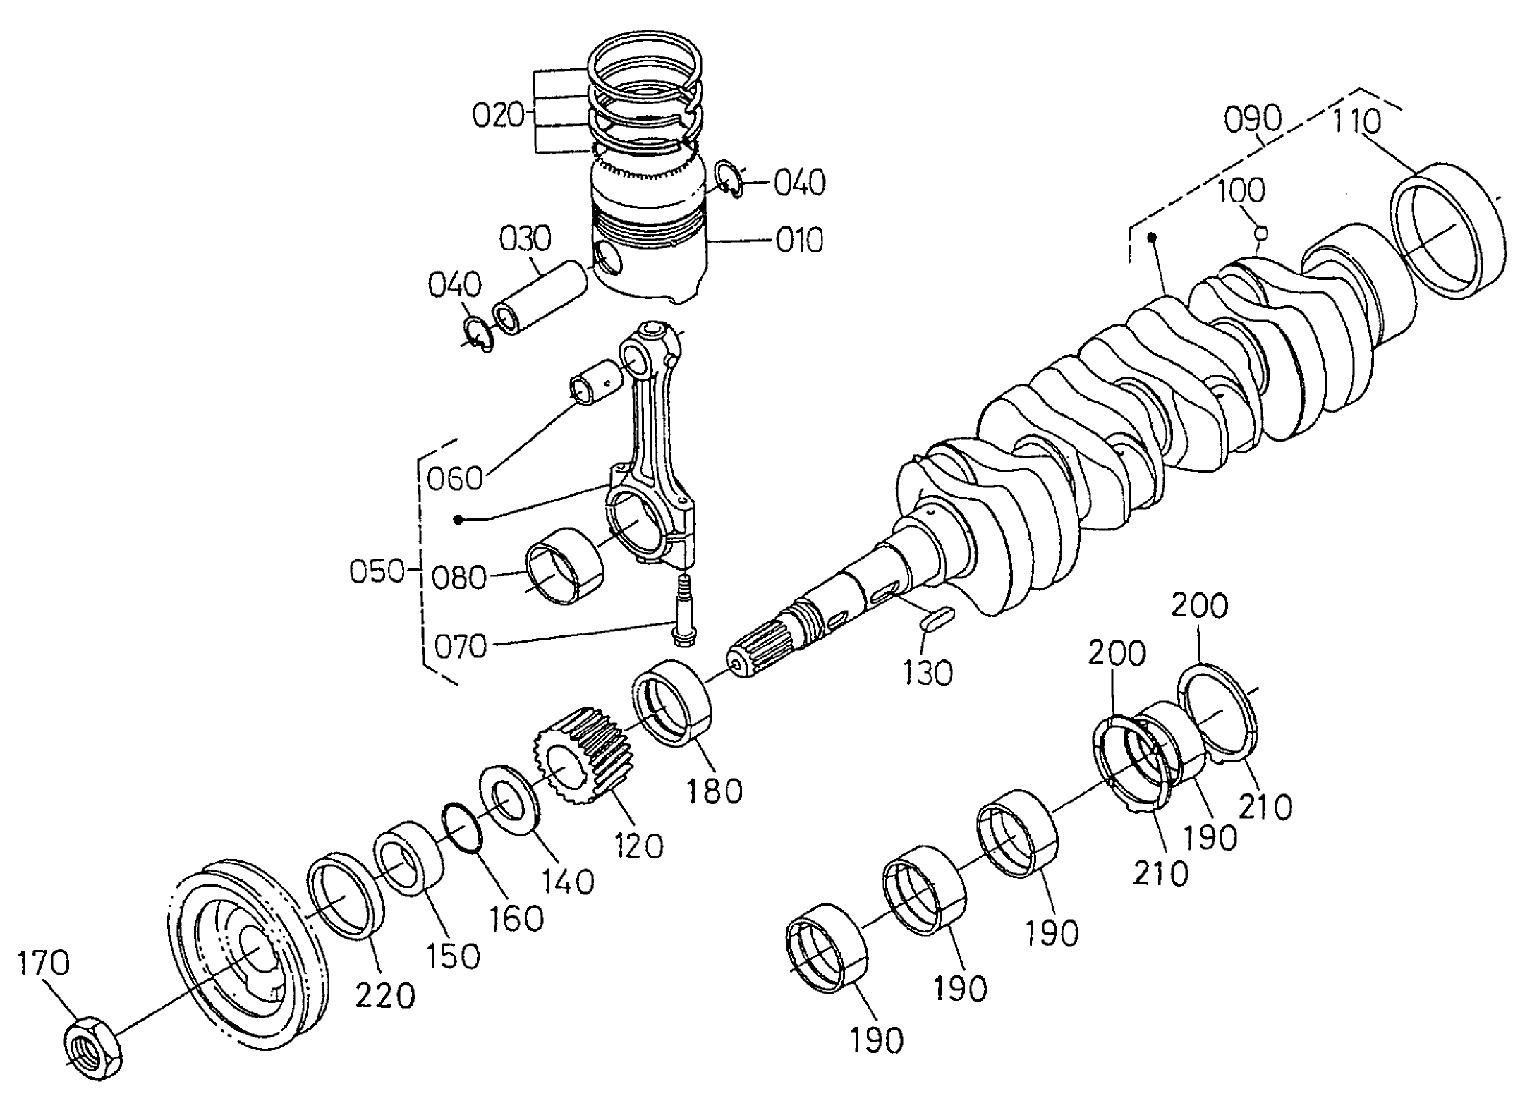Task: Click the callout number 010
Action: point(799,241)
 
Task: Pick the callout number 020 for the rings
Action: point(498,115)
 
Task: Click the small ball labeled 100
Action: point(1262,231)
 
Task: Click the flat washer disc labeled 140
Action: point(509,799)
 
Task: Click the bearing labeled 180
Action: point(673,702)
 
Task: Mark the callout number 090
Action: point(1252,121)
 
